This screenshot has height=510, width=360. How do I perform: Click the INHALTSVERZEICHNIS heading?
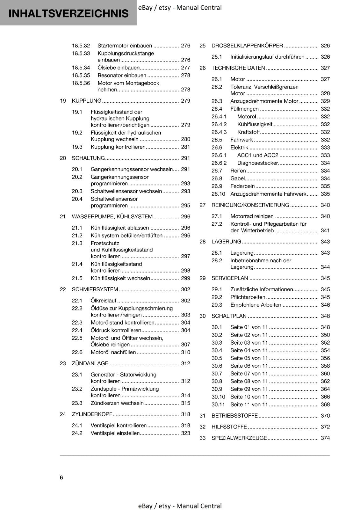[68, 13]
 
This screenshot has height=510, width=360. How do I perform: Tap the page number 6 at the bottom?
[61, 477]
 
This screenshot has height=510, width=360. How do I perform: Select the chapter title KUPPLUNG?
[86, 101]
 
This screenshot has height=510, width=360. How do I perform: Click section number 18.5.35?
[81, 76]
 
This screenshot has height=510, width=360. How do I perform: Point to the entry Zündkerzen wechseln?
[117, 403]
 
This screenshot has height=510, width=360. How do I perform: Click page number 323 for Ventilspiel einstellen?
[185, 433]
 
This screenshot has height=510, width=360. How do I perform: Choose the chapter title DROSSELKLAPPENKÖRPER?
[247, 46]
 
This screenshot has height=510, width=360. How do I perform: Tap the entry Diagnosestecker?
[257, 163]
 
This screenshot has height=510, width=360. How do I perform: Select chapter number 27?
[203, 205]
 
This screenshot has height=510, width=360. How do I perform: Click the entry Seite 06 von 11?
[249, 366]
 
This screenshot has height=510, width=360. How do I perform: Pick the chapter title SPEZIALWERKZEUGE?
[239, 438]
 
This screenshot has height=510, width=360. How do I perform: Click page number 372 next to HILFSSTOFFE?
[325, 427]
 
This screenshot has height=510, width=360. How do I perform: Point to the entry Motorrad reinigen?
[252, 216]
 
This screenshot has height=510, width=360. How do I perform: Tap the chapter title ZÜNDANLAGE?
[90, 363]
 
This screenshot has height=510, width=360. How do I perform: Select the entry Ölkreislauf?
[104, 301]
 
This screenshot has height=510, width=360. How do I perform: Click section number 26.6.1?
[219, 155]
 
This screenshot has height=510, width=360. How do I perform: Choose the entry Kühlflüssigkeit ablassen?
[120, 228]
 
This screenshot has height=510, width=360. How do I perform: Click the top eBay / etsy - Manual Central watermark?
[180, 8]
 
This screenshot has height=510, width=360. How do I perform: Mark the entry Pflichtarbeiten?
[248, 297]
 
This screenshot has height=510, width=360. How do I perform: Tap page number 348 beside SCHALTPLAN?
[325, 316]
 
